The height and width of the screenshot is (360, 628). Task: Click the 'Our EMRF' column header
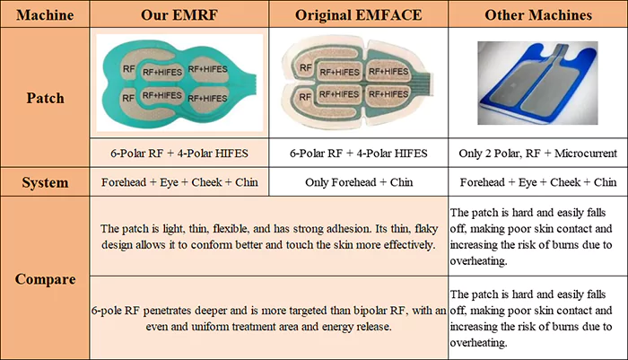point(179,15)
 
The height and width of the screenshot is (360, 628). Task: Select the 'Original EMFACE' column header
point(359,15)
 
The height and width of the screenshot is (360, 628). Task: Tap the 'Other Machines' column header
point(538,15)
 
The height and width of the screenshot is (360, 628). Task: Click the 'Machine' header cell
point(45,15)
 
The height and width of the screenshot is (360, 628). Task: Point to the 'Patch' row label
point(45,98)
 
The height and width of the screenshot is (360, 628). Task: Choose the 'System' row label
point(45,182)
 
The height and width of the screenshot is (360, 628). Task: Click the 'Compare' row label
point(45,279)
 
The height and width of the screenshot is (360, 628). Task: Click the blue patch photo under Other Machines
point(537,83)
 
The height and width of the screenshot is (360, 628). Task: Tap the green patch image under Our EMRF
point(179,83)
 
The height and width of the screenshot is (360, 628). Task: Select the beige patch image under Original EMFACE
point(358,83)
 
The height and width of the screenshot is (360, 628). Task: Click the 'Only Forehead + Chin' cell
point(359,182)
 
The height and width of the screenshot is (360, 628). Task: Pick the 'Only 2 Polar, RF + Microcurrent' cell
point(538,154)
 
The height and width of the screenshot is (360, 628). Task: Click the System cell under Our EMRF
point(179,182)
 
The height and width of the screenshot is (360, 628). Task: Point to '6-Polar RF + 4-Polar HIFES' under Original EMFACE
point(359,154)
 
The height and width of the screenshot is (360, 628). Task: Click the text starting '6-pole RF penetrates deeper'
point(268,319)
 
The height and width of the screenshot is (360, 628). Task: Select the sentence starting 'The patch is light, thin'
point(268,236)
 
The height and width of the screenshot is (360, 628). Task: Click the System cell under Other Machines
point(538,182)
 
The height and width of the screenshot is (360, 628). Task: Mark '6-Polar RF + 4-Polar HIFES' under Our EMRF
point(179,154)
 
